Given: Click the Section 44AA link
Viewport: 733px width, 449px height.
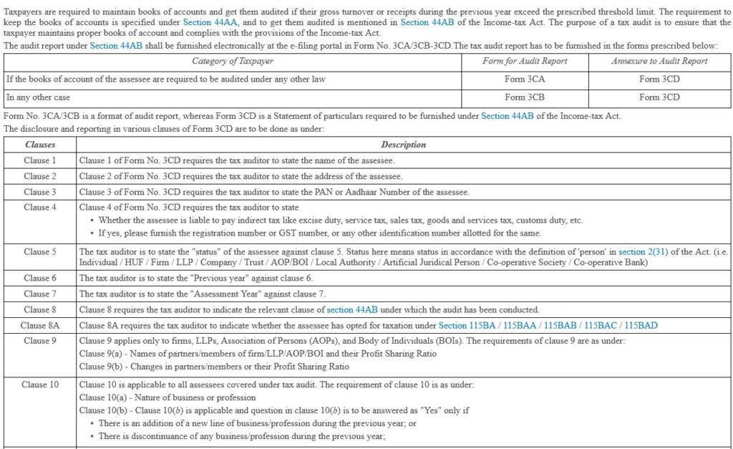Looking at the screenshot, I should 207,22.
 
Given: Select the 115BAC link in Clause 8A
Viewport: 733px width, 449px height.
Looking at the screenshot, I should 603,325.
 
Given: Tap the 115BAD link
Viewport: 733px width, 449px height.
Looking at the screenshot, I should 641,325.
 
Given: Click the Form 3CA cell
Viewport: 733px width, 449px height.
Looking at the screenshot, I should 525,79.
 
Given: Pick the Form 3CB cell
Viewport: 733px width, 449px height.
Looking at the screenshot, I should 525,97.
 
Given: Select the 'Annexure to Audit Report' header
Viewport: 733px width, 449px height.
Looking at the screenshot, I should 659,62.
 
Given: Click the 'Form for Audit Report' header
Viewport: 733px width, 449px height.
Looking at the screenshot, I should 525,62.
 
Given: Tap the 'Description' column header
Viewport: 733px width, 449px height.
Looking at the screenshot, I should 403,145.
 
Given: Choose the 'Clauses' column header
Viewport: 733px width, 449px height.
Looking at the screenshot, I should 40,145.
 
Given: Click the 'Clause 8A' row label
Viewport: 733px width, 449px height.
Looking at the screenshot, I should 40,325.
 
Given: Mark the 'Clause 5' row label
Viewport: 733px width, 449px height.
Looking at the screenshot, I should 40,252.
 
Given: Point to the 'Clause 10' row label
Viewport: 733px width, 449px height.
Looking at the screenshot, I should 40,385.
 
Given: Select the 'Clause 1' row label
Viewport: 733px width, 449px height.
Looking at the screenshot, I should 40,160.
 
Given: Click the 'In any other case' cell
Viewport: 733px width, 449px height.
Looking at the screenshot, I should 39,97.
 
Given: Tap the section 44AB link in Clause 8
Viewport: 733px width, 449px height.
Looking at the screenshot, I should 351,310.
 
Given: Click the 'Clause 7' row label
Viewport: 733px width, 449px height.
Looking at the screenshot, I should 40,294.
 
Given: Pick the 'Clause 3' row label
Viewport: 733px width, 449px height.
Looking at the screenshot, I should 40,192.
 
